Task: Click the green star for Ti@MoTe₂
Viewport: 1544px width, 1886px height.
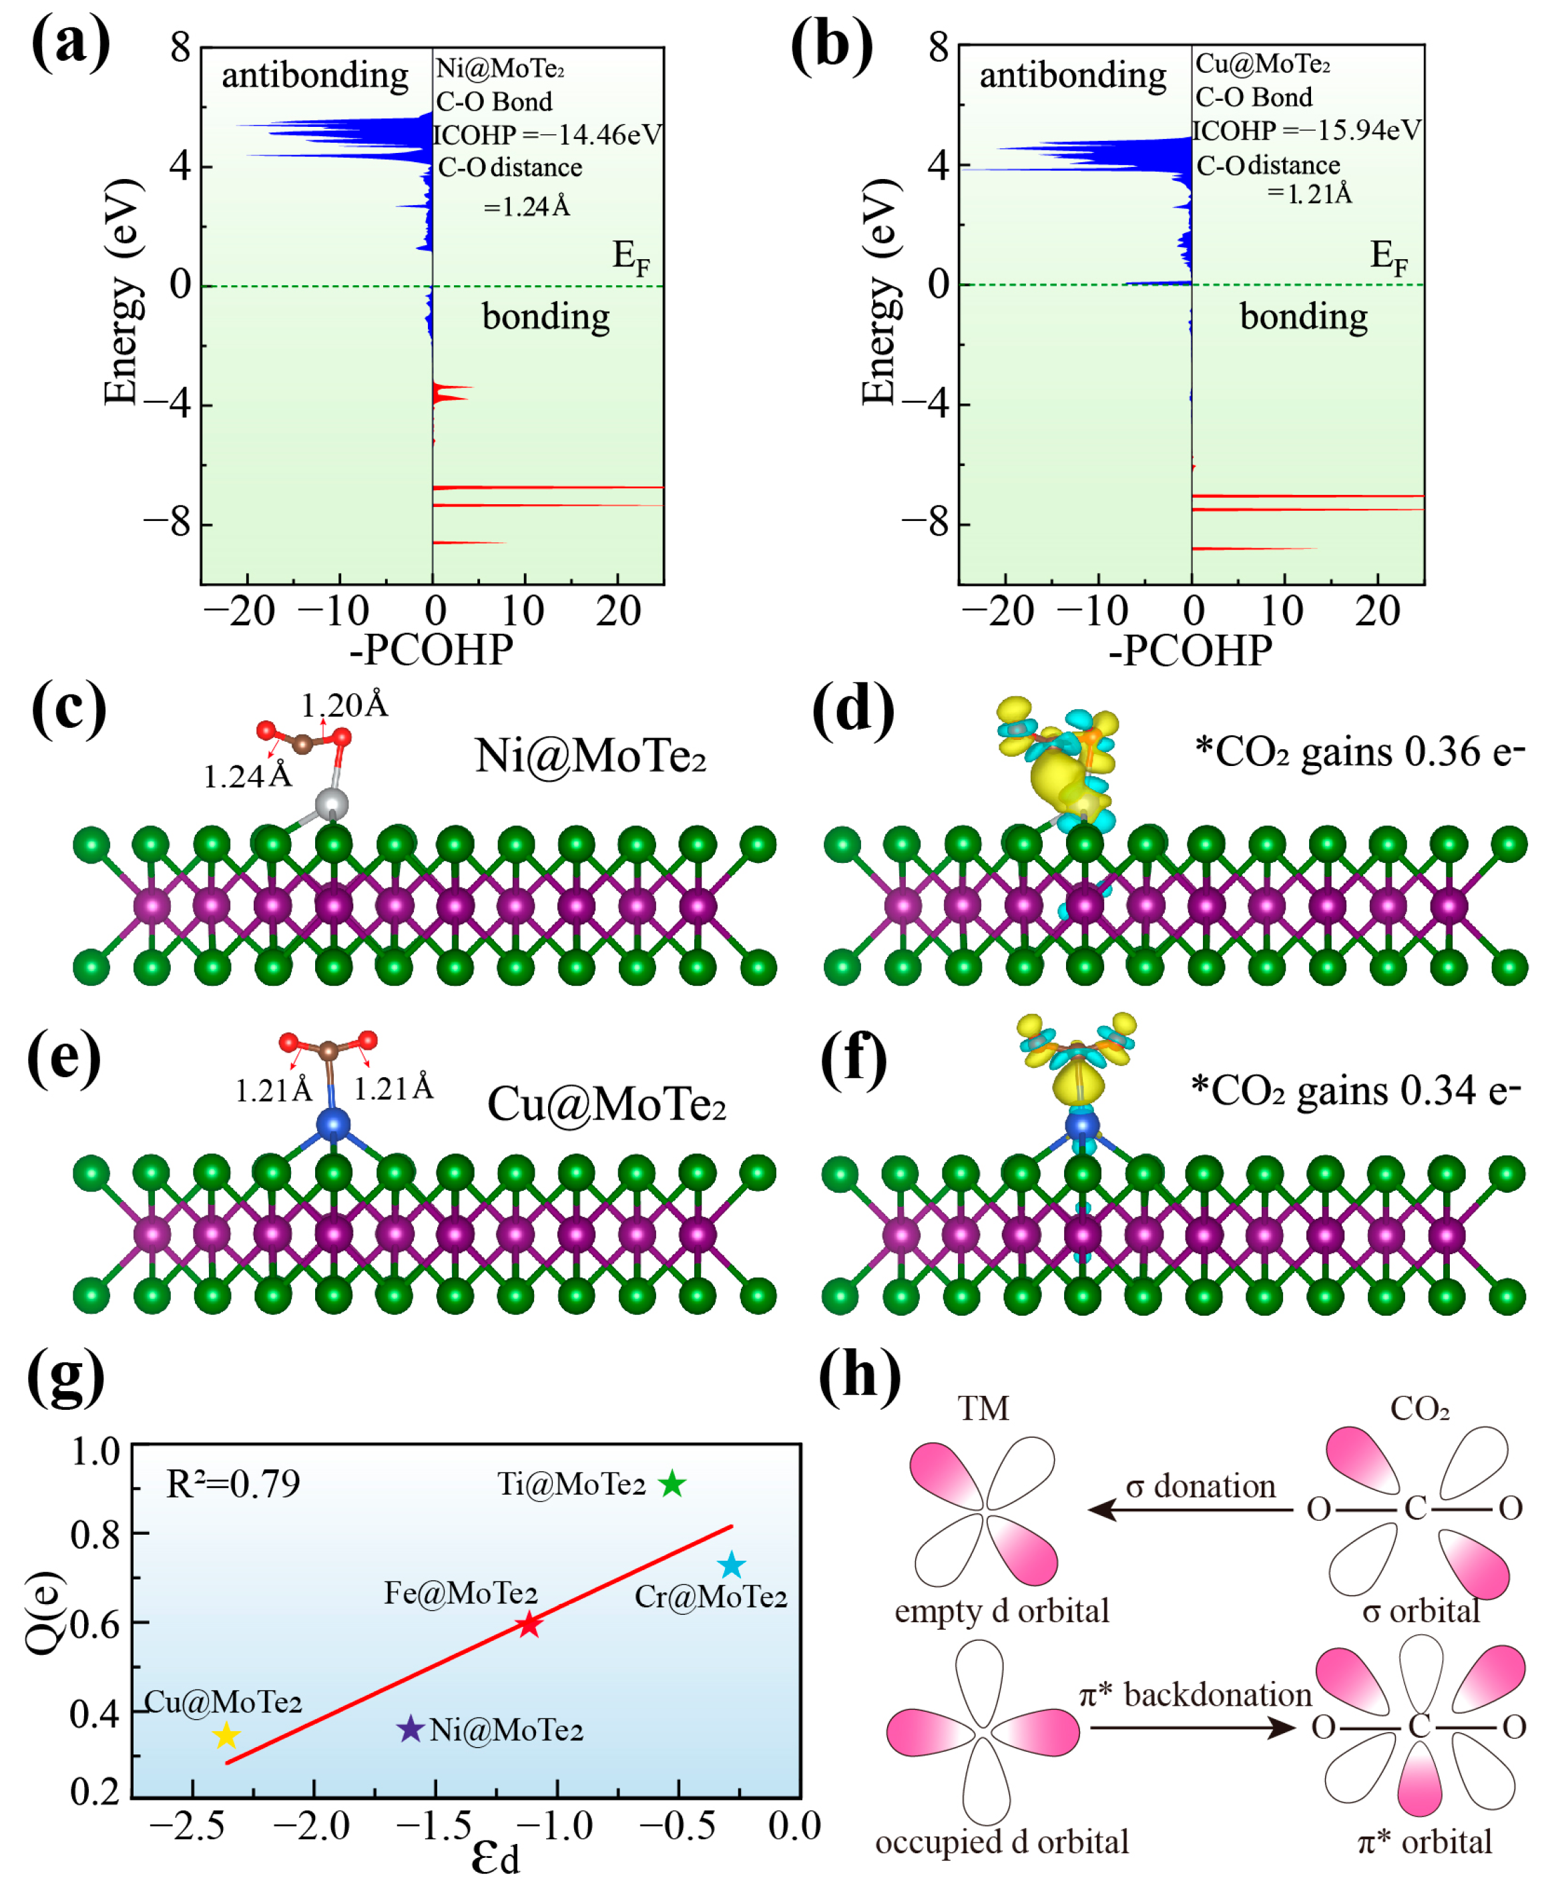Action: (x=672, y=1484)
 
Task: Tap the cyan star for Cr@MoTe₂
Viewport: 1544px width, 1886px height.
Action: (x=731, y=1565)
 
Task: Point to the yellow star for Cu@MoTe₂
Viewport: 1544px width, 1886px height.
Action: (x=227, y=1735)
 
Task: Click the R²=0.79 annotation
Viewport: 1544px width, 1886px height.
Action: (x=233, y=1484)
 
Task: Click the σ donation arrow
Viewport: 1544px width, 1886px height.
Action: (x=1190, y=1509)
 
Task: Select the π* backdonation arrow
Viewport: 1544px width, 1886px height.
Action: (x=1192, y=1728)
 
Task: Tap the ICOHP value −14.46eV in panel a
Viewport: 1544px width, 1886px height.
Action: (x=547, y=135)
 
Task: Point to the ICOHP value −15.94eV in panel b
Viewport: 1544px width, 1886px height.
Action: (x=1306, y=131)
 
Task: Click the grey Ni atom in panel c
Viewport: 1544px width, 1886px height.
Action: (x=332, y=804)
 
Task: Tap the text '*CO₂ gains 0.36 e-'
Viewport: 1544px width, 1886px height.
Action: (x=1358, y=753)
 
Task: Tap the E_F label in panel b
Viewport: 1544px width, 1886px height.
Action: (x=1388, y=256)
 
